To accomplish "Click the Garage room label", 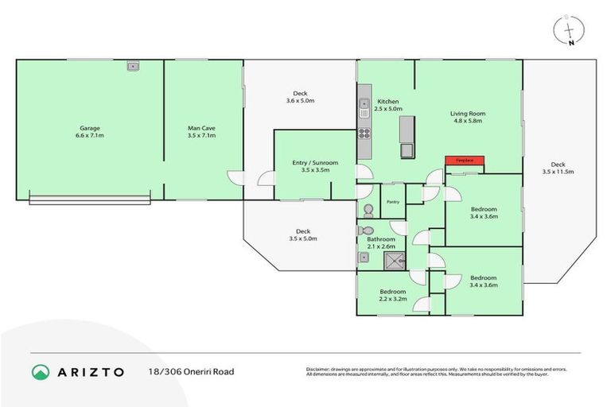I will (91, 132).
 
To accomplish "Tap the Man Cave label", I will (201, 132).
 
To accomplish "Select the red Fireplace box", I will (464, 161).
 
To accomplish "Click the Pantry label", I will (392, 202).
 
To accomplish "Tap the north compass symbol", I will (568, 31).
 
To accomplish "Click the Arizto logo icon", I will (41, 372).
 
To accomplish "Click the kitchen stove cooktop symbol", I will (364, 133).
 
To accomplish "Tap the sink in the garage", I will (132, 67).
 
